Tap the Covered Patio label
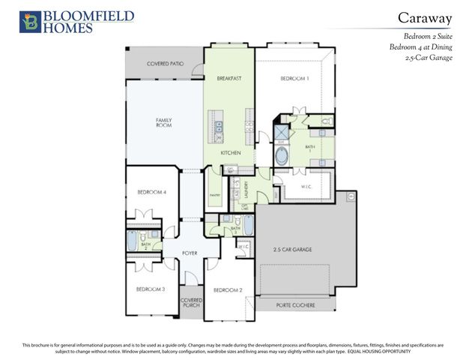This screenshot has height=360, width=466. pyautogui.click(x=166, y=64)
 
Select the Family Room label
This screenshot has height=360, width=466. pyautogui.click(x=164, y=122)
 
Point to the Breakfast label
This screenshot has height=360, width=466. pyautogui.click(x=229, y=78)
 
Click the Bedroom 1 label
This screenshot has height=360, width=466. pyautogui.click(x=294, y=78)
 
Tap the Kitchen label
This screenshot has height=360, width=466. pyautogui.click(x=231, y=153)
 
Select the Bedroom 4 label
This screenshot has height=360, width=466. pyautogui.click(x=151, y=193)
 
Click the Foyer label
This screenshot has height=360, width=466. pyautogui.click(x=190, y=253)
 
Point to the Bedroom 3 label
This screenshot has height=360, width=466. pyautogui.click(x=151, y=289)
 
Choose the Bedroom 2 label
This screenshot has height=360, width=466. pyautogui.click(x=228, y=289)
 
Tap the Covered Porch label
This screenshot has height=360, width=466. pyautogui.click(x=191, y=303)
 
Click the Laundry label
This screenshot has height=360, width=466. pyautogui.click(x=246, y=190)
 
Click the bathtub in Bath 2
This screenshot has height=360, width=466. pyautogui.click(x=133, y=242)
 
